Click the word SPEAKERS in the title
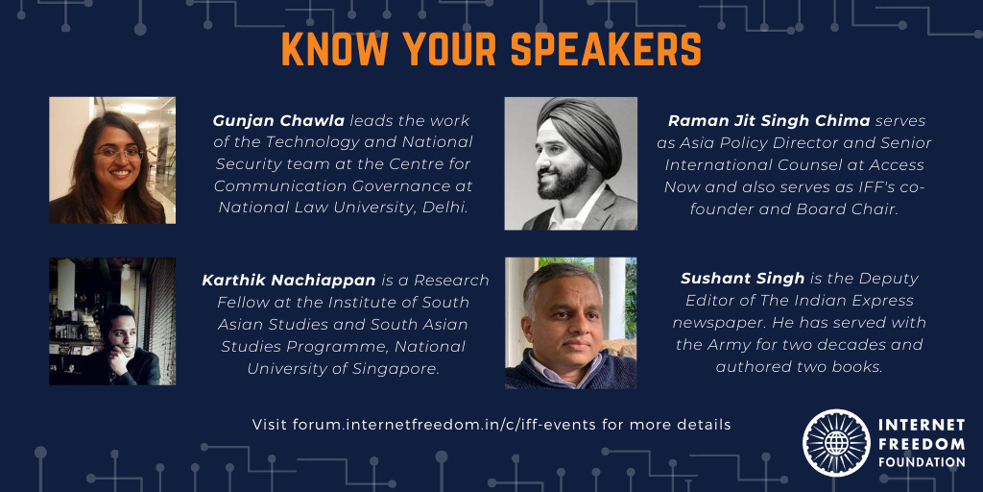click(x=606, y=48)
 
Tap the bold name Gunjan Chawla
click(x=278, y=120)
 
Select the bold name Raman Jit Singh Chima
click(x=769, y=120)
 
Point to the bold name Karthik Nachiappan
click(x=288, y=280)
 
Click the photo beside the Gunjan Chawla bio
click(x=112, y=160)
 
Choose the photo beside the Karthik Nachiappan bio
click(x=112, y=321)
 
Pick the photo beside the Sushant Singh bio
click(x=570, y=323)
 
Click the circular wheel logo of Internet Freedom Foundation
click(x=836, y=442)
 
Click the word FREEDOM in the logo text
click(x=922, y=444)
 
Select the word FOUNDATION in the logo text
click(x=922, y=462)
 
